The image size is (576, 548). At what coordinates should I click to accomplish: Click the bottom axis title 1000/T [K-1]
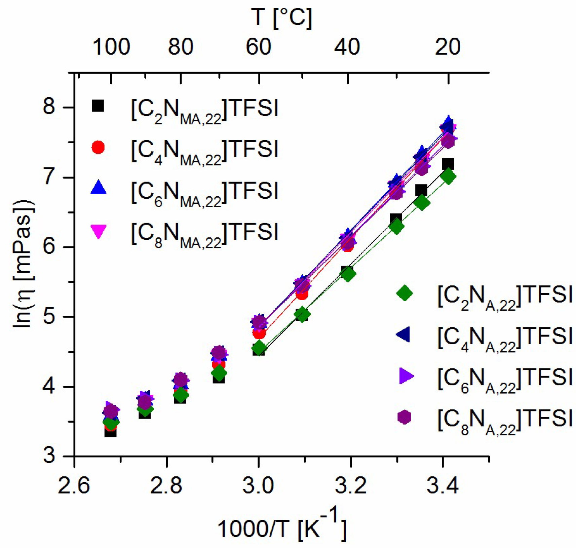click(282, 527)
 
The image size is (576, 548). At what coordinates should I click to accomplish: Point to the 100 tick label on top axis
click(111, 47)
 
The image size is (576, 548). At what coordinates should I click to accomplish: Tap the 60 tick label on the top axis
click(258, 47)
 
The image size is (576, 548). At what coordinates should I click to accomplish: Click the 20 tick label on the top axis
click(447, 47)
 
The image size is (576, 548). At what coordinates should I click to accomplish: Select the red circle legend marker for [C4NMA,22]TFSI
click(98, 147)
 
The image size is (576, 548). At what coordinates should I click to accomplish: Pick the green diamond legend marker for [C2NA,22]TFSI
click(405, 293)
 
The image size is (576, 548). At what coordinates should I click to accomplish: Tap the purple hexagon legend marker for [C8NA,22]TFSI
click(404, 417)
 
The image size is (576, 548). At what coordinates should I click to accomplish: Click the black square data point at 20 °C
click(448, 164)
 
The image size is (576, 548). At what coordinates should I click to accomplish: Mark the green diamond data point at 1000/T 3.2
click(348, 274)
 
